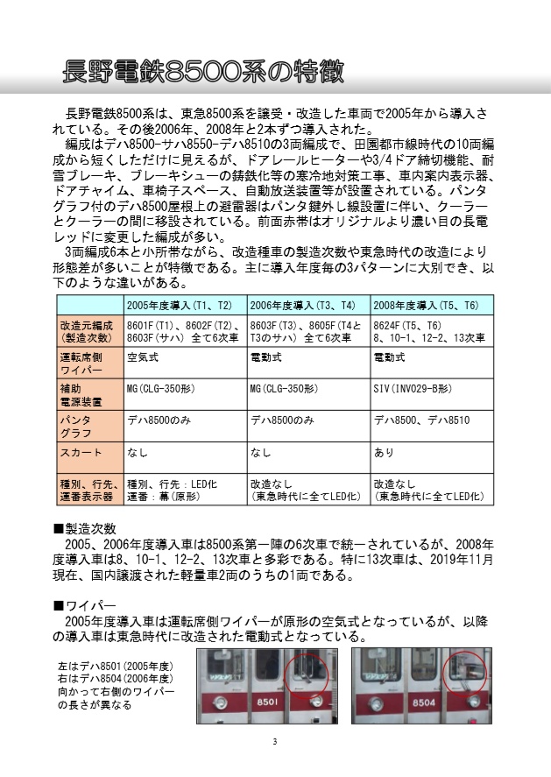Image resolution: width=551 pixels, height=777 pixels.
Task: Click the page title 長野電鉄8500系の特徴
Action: click(203, 71)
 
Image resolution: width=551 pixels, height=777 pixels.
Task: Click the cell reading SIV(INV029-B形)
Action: click(413, 388)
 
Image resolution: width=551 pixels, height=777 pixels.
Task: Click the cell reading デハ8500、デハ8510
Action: click(421, 420)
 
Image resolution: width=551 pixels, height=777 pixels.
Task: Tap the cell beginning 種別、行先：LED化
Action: click(173, 490)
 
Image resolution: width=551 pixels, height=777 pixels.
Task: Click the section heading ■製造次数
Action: click(85, 528)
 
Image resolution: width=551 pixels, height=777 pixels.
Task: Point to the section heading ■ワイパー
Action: click(85, 605)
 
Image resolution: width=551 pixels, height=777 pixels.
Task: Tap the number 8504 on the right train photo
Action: click(424, 703)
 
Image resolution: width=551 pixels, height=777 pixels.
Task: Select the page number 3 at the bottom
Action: click(274, 744)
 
